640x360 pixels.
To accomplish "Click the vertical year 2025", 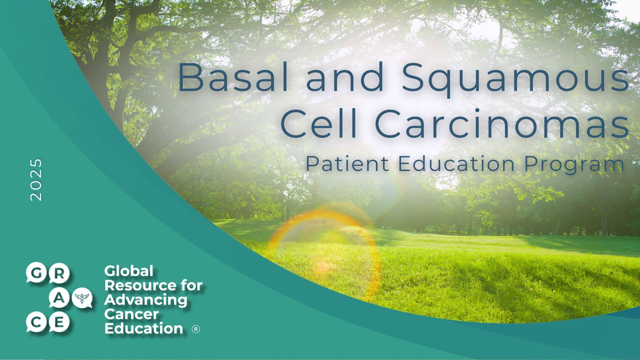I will point(36,180).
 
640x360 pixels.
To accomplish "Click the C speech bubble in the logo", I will point(36,323).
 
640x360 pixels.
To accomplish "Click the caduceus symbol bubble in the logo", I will point(82,298).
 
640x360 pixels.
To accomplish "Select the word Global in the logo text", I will point(129,271).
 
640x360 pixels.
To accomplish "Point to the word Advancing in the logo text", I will point(146,300).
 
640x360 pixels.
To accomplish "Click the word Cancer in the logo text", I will point(132,314).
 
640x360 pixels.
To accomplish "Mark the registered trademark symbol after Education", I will point(196,329).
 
